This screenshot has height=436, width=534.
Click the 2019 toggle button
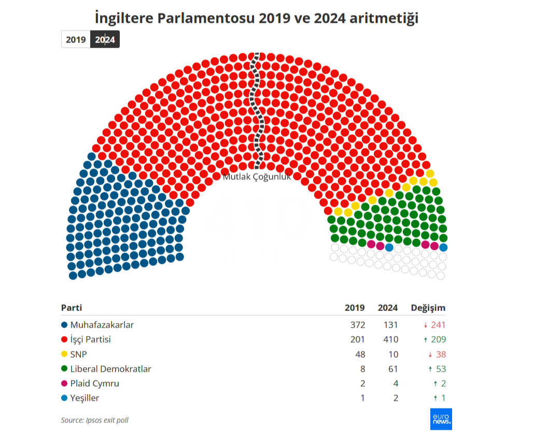pos(76,40)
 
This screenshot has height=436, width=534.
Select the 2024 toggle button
pos(105,40)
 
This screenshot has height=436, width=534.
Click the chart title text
pos(257,18)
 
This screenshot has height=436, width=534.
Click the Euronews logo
pos(441,419)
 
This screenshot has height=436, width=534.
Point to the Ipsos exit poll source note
pos(95,420)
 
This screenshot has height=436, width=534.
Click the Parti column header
pos(72,308)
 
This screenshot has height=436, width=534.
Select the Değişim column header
pos(428,308)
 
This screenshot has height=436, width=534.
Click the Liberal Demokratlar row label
pos(110,369)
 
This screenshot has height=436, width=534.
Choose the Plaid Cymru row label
pos(94,384)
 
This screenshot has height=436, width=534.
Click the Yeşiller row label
pos(85,398)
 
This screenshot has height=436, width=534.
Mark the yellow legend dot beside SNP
pos(65,355)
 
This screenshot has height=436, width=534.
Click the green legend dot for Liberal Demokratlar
pos(65,369)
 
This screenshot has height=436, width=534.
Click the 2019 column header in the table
pos(355,308)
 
